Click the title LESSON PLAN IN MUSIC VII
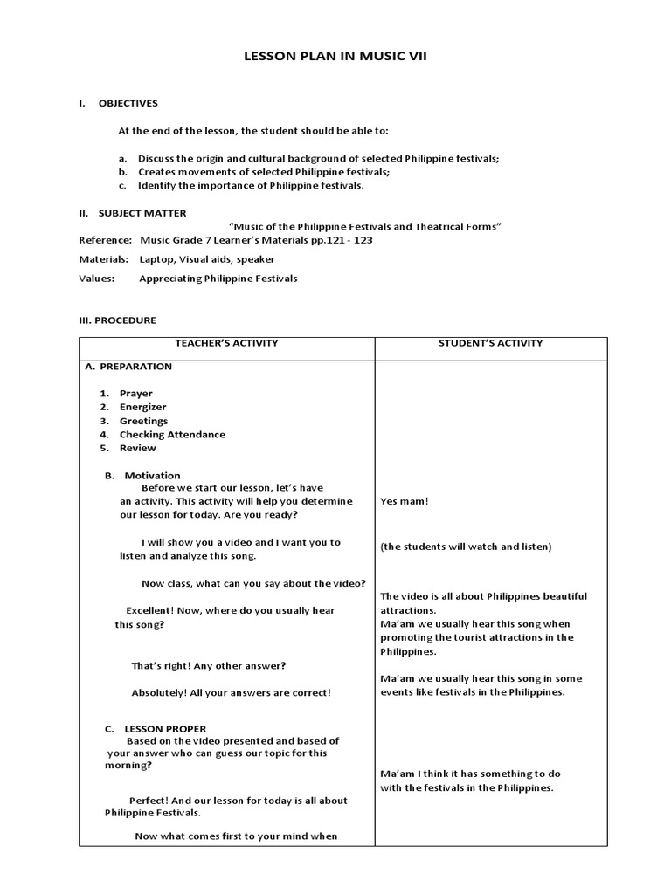(335, 57)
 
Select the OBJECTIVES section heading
(128, 103)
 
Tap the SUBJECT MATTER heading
(142, 213)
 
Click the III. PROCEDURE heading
(117, 320)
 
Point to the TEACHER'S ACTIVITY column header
(226, 343)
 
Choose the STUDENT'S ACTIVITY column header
(490, 343)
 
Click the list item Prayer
(135, 394)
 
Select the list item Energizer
(142, 408)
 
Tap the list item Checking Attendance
(172, 435)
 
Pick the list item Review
(138, 449)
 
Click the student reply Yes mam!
(405, 502)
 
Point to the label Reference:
(105, 240)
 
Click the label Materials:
(104, 259)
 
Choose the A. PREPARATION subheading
(128, 367)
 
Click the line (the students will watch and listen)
(466, 547)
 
